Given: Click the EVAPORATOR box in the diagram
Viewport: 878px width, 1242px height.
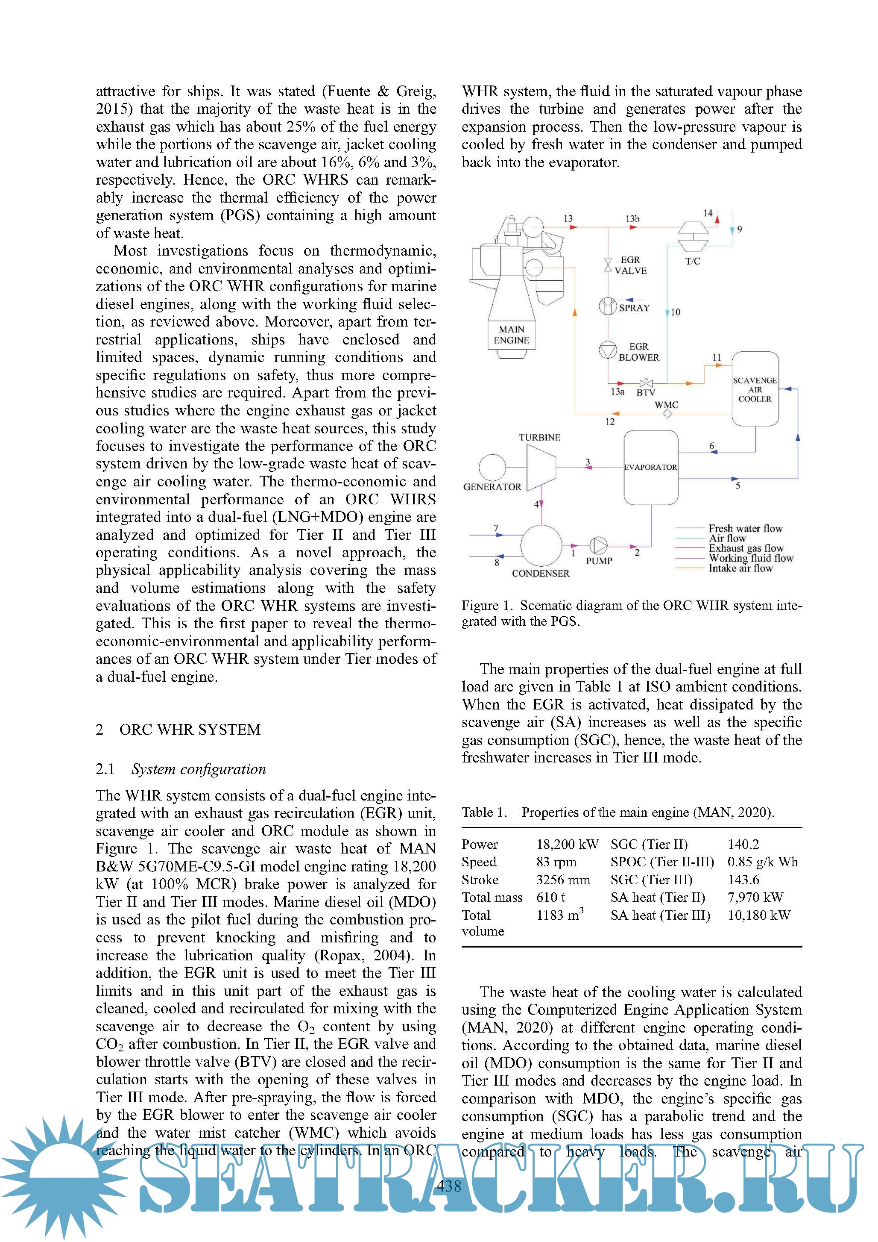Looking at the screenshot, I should (x=650, y=468).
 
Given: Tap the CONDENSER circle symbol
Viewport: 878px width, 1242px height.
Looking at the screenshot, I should (x=541, y=545).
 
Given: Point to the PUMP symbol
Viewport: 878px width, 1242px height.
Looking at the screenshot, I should (x=598, y=546).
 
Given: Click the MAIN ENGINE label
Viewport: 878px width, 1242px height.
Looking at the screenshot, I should (x=512, y=335).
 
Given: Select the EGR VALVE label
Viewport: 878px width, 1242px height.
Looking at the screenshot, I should (x=630, y=265).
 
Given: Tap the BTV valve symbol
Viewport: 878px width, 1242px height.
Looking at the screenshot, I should (x=646, y=383).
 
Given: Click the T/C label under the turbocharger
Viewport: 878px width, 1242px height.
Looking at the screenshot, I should (x=693, y=261).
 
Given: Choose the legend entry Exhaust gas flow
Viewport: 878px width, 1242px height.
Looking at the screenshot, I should (x=746, y=548).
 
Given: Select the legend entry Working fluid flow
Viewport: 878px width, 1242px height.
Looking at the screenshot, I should (x=750, y=558).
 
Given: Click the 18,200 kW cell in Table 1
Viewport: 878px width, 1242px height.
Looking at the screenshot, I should (x=567, y=845).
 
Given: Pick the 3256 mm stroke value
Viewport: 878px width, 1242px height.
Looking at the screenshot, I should (x=563, y=880).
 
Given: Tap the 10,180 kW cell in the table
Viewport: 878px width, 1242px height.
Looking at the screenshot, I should (x=758, y=915).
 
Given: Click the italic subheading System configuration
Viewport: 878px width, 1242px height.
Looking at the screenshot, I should (x=199, y=769).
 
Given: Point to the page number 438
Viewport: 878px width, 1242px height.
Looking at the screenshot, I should (x=449, y=1187).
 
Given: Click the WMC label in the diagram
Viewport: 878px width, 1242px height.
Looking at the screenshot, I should (x=666, y=405).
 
